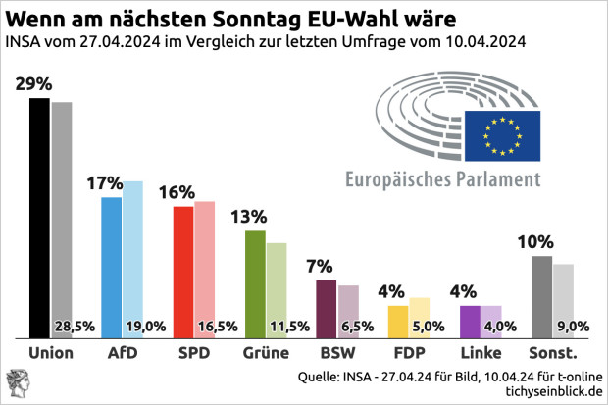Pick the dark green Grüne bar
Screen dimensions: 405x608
[255, 284]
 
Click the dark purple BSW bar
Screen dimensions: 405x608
[327, 309]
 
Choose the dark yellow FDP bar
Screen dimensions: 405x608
[398, 322]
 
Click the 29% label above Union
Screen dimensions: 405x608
[34, 84]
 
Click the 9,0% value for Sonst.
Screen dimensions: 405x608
[572, 327]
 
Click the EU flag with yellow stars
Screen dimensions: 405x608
[502, 135]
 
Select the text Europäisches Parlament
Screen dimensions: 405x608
[442, 179]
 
